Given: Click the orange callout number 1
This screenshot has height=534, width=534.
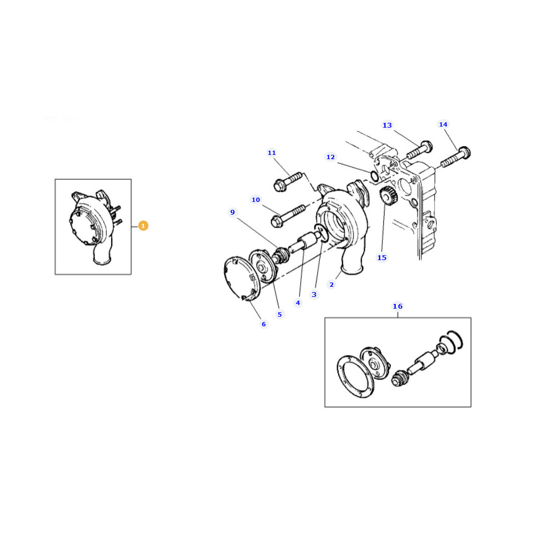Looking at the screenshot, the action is pos(143,226).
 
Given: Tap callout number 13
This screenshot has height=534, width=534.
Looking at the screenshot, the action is pos(387,125).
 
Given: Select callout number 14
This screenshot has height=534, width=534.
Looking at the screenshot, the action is pos(443,124).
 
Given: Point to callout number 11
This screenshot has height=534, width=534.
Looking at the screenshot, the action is pos(272,153).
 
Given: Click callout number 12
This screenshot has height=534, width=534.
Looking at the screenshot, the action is pos(331,157).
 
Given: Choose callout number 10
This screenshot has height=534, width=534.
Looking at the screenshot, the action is pos(256,200).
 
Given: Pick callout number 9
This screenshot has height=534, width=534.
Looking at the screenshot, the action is pos(233,212).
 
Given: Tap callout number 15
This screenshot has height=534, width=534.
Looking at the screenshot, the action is pos(382,258).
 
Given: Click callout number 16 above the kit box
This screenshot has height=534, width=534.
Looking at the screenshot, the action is pos(397,307).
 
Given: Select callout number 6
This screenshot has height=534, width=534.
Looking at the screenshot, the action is pos(264,324).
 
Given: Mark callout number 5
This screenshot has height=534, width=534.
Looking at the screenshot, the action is pos(280,315).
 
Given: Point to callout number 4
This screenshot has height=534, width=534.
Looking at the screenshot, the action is pos(298,303).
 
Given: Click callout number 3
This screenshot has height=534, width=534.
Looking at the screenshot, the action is pos(314,295).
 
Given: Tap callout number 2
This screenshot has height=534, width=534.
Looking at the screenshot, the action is pos(332,285).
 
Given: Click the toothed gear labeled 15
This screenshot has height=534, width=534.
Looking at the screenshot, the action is pos(389,196).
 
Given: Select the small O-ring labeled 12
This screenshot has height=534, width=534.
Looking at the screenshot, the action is pos(374,176).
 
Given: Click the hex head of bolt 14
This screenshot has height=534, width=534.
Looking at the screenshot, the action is pos(465,152).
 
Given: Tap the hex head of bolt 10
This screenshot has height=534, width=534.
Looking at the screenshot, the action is pos(277,222).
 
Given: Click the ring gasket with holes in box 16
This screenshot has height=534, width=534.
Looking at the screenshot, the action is pos(355,376).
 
